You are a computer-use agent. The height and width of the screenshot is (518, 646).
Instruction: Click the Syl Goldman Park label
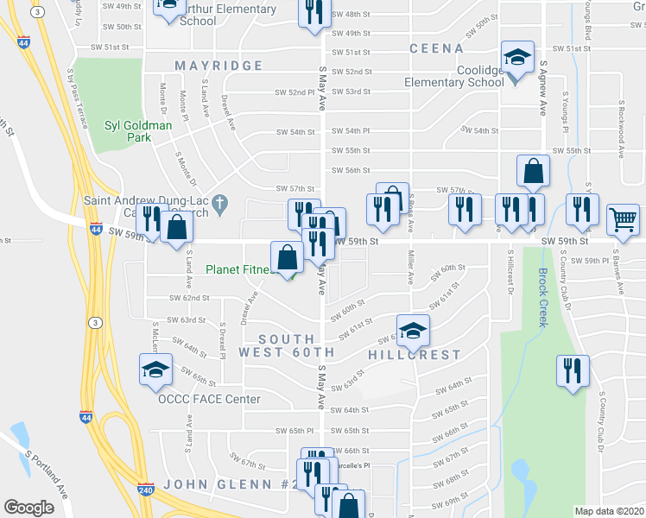(x=138, y=131)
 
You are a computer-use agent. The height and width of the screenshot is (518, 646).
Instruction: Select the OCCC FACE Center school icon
(x=155, y=370)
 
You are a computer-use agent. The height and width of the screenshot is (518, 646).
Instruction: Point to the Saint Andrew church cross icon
(x=220, y=205)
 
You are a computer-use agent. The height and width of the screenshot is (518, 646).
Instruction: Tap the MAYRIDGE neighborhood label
(x=218, y=66)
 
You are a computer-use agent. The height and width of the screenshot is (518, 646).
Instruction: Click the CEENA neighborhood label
(x=431, y=48)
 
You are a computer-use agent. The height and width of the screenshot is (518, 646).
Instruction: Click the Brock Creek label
(x=543, y=297)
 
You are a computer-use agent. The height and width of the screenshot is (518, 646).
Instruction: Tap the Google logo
(x=28, y=508)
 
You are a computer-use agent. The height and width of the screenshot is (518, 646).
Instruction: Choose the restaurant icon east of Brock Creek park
(x=572, y=370)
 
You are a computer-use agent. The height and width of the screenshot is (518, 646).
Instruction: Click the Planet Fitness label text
(x=238, y=269)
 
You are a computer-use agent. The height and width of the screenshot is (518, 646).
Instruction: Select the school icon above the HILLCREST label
(x=414, y=329)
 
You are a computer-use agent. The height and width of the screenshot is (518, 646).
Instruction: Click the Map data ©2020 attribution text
(x=608, y=511)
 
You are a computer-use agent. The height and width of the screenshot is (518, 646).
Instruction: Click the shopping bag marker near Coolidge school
(x=533, y=171)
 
